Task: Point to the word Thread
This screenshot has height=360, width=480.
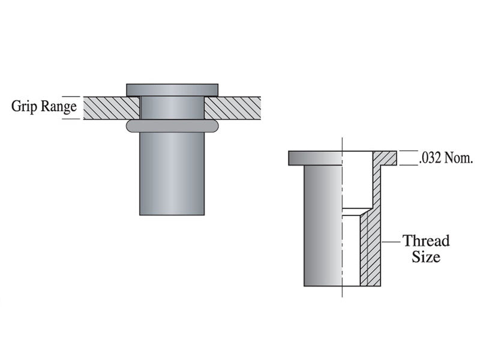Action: (426, 241)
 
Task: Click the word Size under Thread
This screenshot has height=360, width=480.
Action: (426, 257)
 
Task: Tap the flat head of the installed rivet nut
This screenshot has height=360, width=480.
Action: (172, 89)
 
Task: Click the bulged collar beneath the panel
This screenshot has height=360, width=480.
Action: (172, 125)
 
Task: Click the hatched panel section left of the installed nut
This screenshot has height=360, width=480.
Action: (111, 107)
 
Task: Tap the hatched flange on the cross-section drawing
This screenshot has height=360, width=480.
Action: (385, 158)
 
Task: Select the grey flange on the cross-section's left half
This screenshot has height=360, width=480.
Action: (315, 158)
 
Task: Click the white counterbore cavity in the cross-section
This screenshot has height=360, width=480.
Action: (358, 180)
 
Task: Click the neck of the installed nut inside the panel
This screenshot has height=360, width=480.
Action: (172, 107)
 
